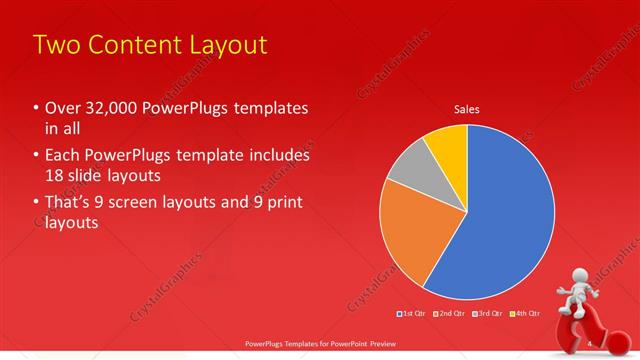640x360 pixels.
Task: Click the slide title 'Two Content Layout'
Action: (150, 45)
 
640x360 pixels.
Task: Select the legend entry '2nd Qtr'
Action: (451, 314)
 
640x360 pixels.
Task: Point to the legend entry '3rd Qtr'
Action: (488, 314)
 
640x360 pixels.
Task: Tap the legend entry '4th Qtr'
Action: (524, 314)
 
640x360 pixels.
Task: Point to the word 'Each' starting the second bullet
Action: (63, 155)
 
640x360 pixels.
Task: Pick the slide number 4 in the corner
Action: (590, 344)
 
